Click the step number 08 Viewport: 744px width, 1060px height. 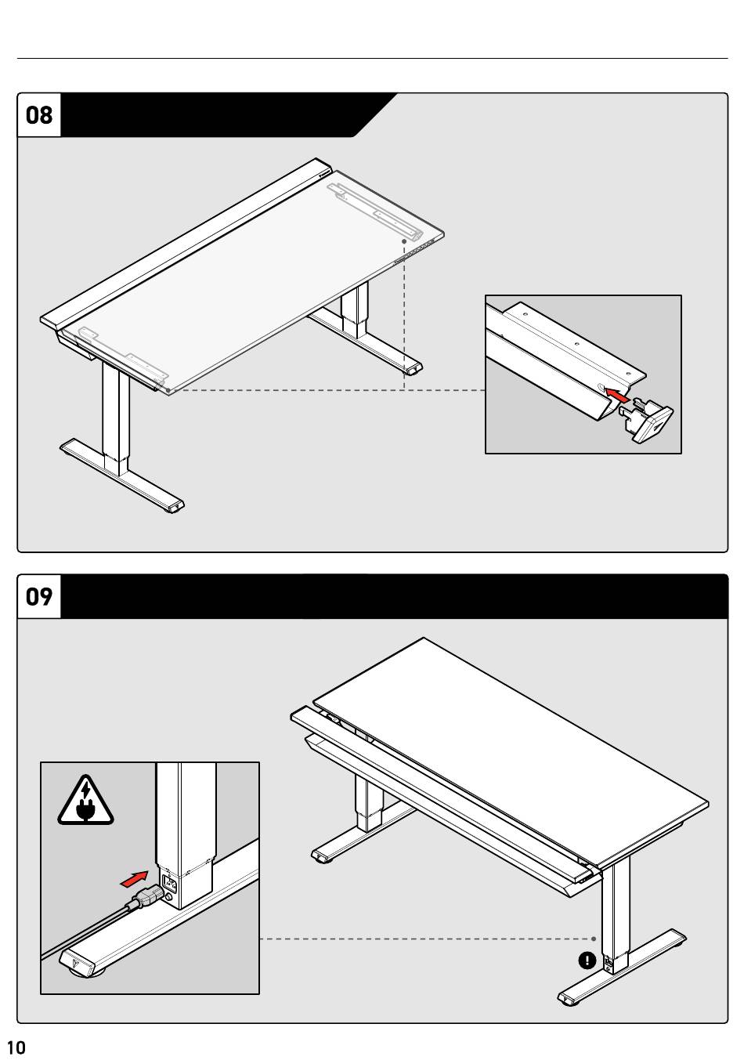[x=39, y=115]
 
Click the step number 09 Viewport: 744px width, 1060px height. [x=39, y=597]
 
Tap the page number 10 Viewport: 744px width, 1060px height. [x=16, y=1047]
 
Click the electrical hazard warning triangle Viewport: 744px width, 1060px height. [x=85, y=802]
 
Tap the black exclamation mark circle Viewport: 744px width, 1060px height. [x=587, y=961]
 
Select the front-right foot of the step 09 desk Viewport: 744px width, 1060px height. [x=569, y=1000]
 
